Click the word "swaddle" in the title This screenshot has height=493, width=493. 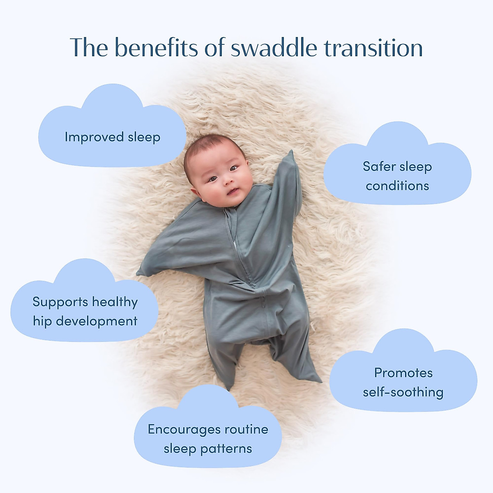(274, 47)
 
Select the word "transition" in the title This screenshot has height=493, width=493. (373, 47)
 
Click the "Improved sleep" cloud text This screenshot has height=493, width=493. (113, 137)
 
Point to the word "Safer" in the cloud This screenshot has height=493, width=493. (378, 166)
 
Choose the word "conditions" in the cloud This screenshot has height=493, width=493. (397, 186)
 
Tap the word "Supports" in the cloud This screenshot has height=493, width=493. (60, 302)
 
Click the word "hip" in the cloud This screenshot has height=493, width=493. (42, 321)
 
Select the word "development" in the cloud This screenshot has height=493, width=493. (97, 321)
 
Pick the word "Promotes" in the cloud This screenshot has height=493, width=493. (403, 373)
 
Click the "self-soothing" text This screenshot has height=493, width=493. (403, 392)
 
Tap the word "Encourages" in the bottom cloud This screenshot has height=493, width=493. (184, 430)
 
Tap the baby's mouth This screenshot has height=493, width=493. (233, 191)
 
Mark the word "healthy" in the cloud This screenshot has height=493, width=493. (115, 302)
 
